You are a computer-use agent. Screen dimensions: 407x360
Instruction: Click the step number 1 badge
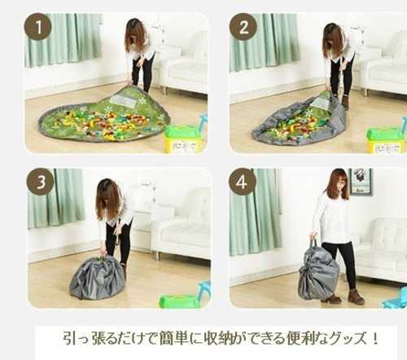tap(38, 27)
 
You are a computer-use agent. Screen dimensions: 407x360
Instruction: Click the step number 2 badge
tap(243, 27)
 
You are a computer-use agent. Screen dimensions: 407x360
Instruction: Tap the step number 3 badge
tap(41, 182)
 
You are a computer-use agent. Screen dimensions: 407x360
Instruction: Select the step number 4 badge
tap(243, 182)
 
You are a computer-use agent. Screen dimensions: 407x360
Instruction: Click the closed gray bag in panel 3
tap(97, 278)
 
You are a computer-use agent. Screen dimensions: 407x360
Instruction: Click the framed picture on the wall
tap(361, 181)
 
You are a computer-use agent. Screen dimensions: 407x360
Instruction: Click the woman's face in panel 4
tap(339, 185)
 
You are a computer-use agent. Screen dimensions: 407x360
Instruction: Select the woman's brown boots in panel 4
tap(344, 296)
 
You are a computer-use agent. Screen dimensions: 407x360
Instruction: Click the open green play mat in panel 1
tap(104, 116)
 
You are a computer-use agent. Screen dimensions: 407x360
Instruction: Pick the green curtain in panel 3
tap(56, 198)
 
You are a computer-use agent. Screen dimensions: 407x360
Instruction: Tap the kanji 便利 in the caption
tap(302, 338)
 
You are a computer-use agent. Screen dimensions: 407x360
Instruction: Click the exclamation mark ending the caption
tap(375, 338)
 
